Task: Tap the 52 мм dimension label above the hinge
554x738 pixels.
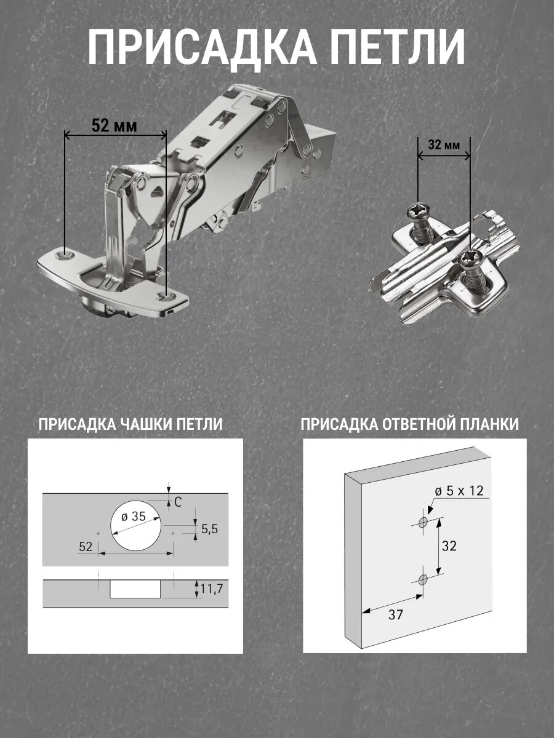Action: [114, 125]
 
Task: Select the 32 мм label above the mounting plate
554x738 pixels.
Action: [444, 145]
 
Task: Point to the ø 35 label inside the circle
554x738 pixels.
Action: [134, 517]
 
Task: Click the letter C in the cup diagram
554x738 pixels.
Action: [178, 502]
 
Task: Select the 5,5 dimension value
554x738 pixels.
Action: [209, 530]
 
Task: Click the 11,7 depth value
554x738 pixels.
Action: [212, 589]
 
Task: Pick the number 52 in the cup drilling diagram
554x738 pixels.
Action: [86, 546]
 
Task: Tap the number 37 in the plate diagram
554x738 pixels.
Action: [396, 614]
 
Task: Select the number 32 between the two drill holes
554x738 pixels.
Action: [449, 546]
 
